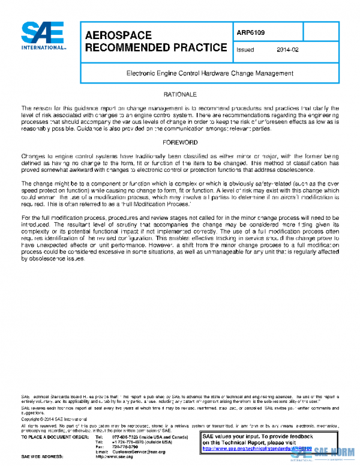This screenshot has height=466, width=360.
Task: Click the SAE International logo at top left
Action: click(44, 37)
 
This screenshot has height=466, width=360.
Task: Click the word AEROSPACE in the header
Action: click(118, 35)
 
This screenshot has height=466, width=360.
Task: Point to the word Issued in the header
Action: click(246, 50)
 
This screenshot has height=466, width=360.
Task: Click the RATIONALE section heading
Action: click(180, 95)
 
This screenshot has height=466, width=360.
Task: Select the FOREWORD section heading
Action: click(180, 142)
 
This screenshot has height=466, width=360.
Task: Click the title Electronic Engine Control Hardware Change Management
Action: click(209, 73)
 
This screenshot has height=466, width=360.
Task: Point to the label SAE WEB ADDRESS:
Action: click(43, 456)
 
